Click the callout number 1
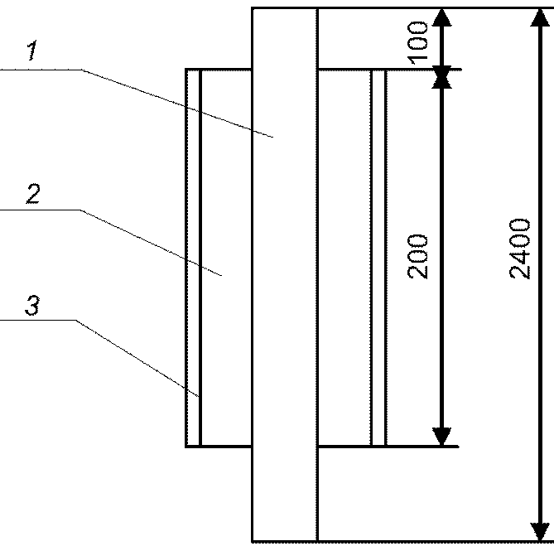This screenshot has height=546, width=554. [x=32, y=51]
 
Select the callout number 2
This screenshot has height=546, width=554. [x=33, y=194]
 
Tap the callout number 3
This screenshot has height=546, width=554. [x=32, y=306]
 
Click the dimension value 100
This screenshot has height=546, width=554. [x=417, y=43]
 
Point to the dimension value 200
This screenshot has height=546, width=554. [x=417, y=257]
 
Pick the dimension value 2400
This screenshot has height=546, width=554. [x=520, y=249]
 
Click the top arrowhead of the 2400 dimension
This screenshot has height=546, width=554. [x=540, y=17]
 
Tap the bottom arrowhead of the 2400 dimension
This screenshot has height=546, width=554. [x=540, y=532]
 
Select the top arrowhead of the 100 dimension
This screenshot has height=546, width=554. [x=442, y=17]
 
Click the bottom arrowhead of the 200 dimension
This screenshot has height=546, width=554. [x=442, y=437]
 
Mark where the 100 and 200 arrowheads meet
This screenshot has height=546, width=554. [x=442, y=77]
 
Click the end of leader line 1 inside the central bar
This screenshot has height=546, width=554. [x=272, y=137]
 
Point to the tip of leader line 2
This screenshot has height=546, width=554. [x=222, y=275]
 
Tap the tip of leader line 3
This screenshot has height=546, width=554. [x=199, y=397]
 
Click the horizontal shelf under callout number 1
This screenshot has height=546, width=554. [x=41, y=70]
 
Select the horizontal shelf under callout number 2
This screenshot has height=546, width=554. [x=41, y=210]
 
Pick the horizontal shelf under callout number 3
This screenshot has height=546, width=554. [x=38, y=320]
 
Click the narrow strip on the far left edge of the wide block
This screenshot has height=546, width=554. [x=193, y=258]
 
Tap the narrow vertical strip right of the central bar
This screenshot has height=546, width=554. [x=378, y=258]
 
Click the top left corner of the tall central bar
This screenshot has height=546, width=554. [x=253, y=7]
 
